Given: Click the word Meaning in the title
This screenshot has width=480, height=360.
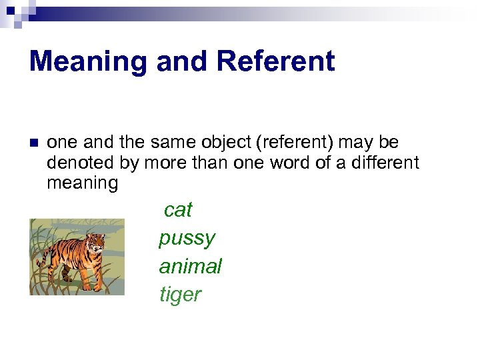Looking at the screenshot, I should click(89, 62).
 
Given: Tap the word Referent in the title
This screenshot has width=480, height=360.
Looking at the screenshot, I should click(275, 62).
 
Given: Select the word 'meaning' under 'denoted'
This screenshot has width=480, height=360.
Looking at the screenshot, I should click(82, 183).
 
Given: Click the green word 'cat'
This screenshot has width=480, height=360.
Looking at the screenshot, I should click(177, 210).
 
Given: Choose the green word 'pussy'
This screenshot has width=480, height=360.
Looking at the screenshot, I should click(187, 238).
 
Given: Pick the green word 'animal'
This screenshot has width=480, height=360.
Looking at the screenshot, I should click(190, 267).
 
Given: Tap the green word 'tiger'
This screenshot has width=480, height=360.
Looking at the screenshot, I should click(180, 295).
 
